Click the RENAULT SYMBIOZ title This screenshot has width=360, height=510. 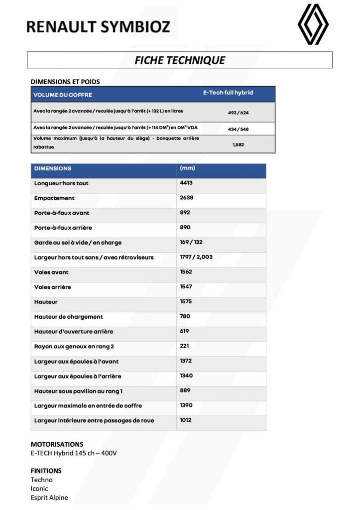tap(98, 26)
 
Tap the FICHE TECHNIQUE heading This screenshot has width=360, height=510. tap(180, 60)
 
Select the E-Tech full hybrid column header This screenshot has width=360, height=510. tap(228, 93)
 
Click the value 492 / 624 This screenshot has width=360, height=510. tap(238, 113)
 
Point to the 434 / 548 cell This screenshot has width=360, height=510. tap(238, 129)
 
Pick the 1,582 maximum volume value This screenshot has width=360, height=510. tap(238, 145)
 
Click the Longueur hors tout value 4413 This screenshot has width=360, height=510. tap(186, 183)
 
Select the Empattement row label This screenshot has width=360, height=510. tap(54, 198)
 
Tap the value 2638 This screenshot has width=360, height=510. tap(186, 198)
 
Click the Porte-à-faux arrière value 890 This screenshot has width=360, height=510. tap(185, 228)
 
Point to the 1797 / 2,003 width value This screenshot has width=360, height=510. tap(196, 257)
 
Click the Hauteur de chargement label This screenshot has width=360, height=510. tap(69, 317)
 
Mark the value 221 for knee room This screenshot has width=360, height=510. tap(185, 346)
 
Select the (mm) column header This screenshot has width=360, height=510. tap(187, 168)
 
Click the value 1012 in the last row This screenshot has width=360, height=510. tap(186, 420)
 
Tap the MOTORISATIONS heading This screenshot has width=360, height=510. tap(57, 444)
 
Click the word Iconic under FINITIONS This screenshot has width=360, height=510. tap(39, 489)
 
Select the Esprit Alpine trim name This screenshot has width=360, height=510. tap(49, 498)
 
